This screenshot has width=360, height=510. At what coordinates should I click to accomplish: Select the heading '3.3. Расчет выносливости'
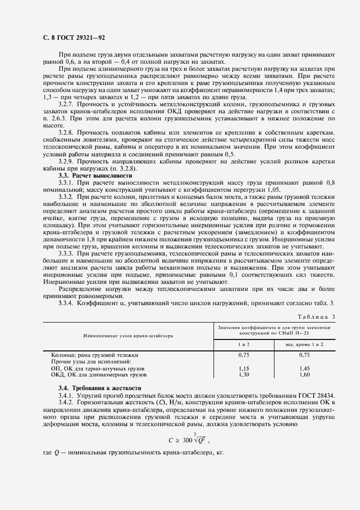point(95,176)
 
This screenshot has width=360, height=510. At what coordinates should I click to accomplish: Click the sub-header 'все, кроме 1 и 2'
point(304,344)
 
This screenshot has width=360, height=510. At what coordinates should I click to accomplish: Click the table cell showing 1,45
point(304,368)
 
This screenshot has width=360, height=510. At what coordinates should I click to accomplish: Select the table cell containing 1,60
point(304,375)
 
